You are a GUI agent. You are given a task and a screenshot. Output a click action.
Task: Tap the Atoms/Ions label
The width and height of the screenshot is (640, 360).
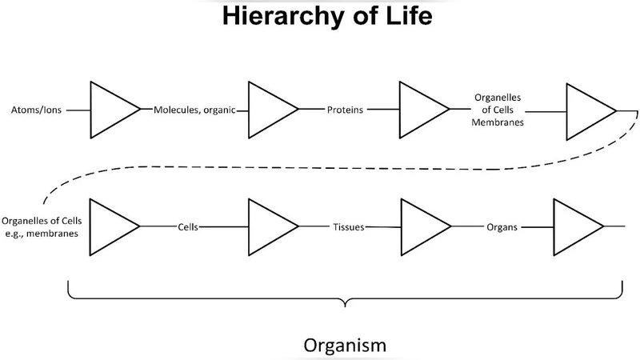33,110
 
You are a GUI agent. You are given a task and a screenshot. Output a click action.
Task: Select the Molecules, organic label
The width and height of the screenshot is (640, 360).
194,110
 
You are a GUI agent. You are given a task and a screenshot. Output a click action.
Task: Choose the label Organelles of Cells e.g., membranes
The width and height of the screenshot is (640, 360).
39,226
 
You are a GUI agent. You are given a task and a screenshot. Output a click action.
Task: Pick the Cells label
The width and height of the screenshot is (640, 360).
188,226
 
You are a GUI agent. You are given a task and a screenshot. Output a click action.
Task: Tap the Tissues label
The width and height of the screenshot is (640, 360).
348,226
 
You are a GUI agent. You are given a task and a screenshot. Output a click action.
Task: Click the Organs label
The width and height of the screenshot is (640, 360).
502,226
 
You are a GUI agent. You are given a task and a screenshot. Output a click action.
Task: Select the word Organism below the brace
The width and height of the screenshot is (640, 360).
345,346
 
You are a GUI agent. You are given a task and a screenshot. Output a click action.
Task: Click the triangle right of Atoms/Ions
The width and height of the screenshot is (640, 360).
110,110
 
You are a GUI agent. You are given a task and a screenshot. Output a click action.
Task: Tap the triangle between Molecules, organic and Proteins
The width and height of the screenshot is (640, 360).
269,110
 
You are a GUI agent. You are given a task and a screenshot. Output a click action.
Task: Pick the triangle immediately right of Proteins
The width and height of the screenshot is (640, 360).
419,110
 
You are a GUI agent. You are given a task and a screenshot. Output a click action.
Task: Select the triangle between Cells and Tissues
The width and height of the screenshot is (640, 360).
269,226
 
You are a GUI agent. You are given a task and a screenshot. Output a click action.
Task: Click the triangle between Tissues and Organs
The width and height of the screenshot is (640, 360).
419,226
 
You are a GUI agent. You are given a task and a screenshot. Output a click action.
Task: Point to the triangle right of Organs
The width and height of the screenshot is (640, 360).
574,226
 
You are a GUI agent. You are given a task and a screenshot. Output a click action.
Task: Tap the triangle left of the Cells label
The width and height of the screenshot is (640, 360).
110,226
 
